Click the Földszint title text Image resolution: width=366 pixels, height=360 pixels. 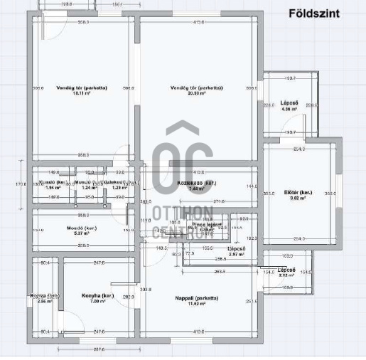pos(313,14)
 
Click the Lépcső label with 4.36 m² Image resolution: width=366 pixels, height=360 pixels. pos(289,103)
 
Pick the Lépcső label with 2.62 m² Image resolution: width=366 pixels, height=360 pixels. pos(287,270)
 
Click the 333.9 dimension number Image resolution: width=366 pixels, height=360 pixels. pos(146,290)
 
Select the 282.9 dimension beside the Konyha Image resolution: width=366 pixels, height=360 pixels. pos(129,296)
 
